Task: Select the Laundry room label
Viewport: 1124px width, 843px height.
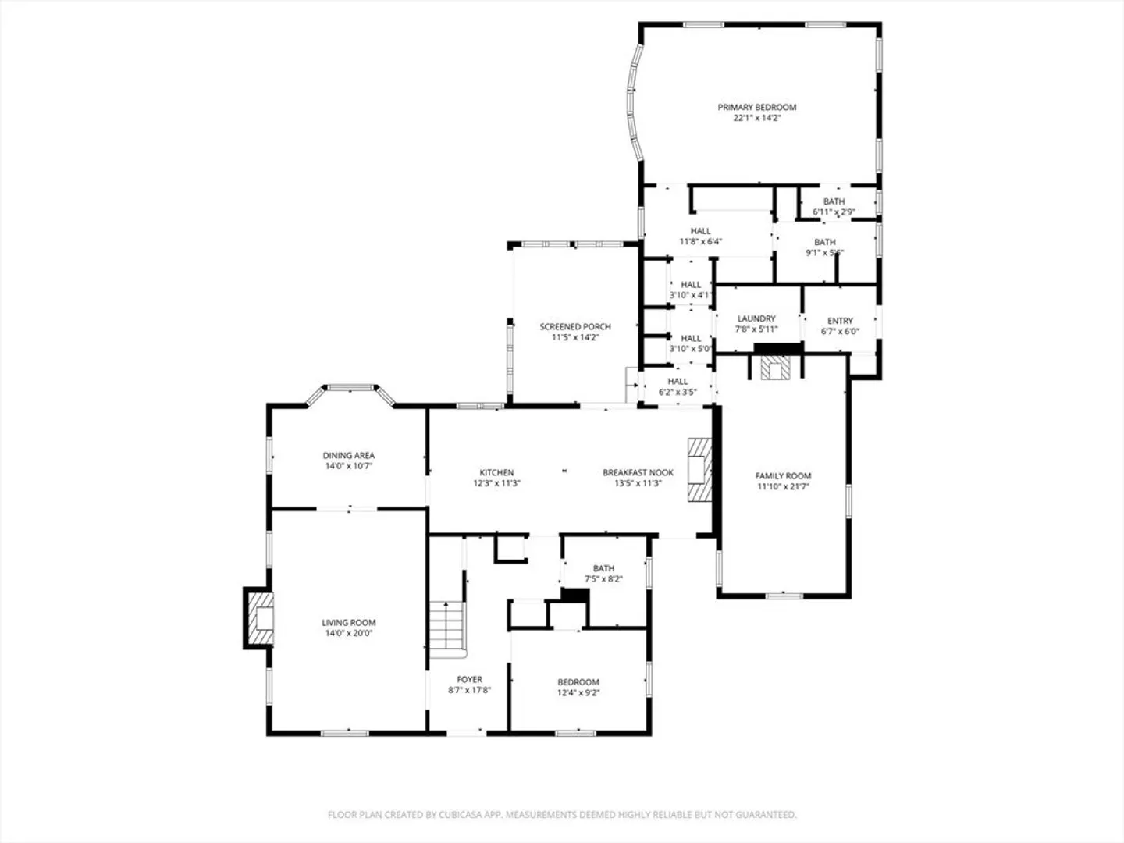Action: tap(756, 318)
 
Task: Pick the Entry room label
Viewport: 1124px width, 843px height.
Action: tap(841, 320)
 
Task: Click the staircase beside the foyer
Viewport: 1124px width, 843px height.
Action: tap(447, 630)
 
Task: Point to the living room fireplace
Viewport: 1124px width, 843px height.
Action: tap(260, 617)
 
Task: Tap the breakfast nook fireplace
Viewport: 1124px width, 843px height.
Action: tap(699, 469)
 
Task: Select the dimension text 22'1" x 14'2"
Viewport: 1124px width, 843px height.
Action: tap(757, 118)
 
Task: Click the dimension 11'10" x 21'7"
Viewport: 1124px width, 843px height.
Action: tap(783, 487)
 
